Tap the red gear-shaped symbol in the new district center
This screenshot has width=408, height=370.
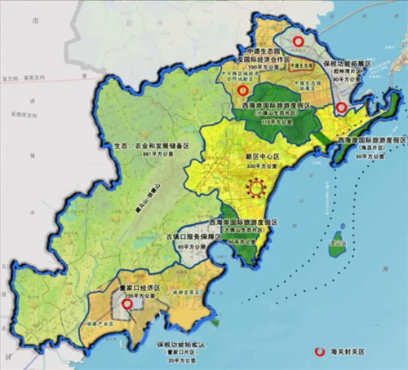tap(258, 188)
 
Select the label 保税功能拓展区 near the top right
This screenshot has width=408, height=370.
tap(347, 62)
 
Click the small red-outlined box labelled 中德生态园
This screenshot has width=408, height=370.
tap(302, 63)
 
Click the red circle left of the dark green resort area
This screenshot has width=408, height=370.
tap(243, 90)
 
